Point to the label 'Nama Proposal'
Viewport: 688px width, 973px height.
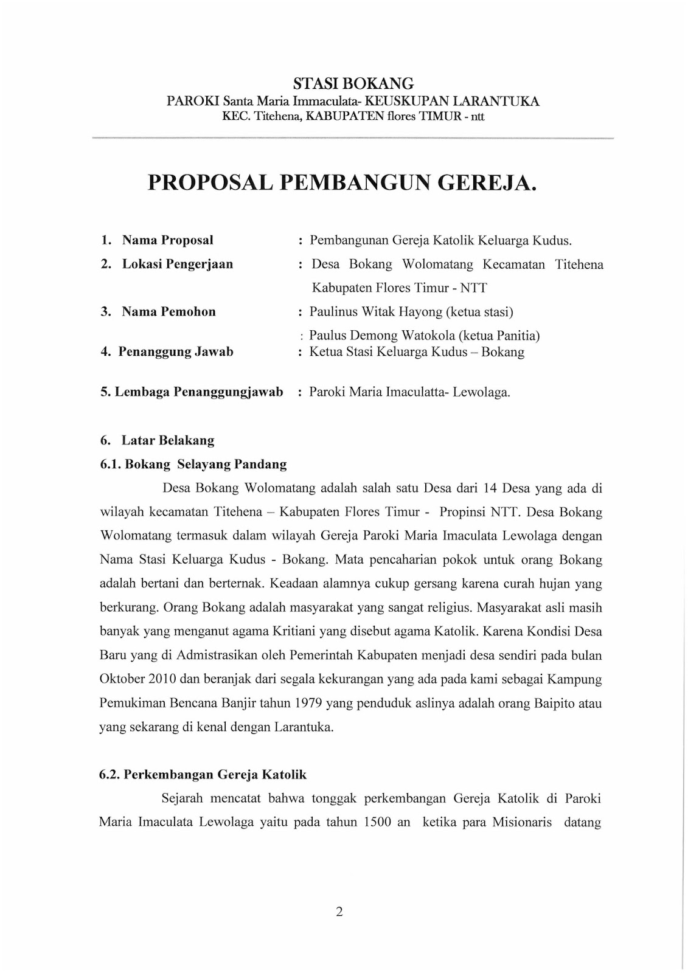167,240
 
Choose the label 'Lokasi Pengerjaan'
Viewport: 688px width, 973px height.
177,264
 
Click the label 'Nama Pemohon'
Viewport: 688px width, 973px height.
169,312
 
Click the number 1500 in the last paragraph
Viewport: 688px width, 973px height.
377,822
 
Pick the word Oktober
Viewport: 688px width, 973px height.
122,679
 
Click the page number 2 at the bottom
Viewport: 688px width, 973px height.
339,912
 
